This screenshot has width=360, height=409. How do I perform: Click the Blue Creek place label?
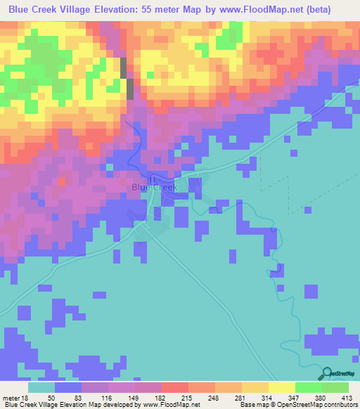click(155, 188)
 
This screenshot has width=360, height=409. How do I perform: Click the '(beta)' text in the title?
click(314, 8)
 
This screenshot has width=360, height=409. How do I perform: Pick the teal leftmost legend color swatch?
click(41, 388)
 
